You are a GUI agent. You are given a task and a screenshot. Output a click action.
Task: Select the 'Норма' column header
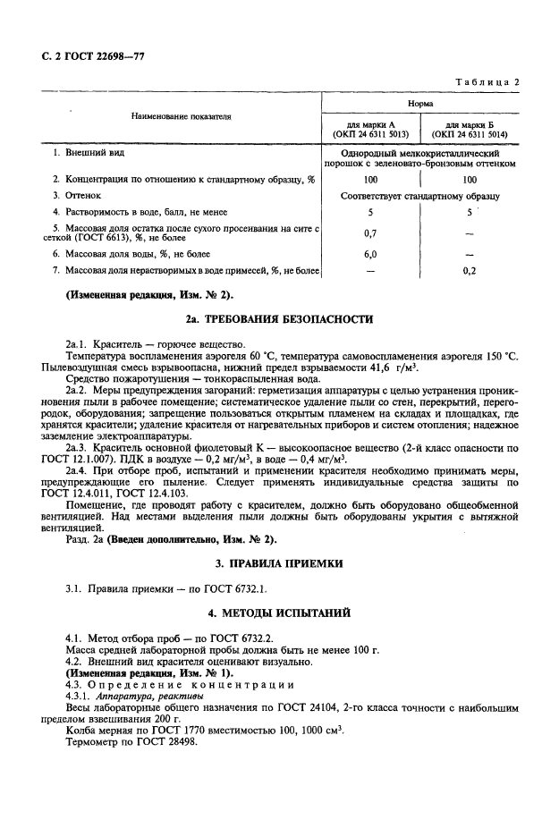(x=421, y=104)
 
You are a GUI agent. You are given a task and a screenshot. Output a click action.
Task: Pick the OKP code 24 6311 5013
(x=370, y=135)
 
